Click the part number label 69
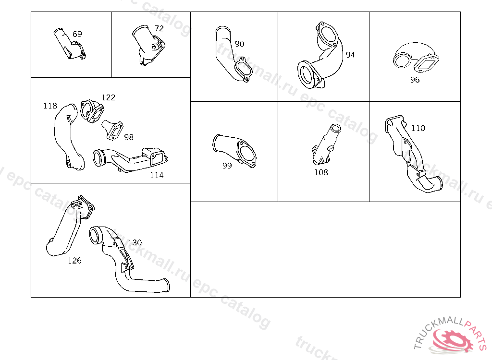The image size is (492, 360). [x=77, y=34]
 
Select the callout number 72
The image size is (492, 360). [x=159, y=28]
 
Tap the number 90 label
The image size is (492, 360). [x=239, y=44]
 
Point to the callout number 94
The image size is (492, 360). [x=350, y=55]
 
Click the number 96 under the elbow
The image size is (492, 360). [x=415, y=80]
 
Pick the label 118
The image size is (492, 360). [x=50, y=106]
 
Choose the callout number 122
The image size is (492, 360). [x=109, y=97]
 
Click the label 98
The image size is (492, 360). [x=129, y=137]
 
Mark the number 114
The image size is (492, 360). [x=157, y=175]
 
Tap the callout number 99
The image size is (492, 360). [x=227, y=166]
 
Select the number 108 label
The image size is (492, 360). [x=321, y=172]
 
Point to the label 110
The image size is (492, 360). [x=418, y=128]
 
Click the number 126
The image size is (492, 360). [x=74, y=261]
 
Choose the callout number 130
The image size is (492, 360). [x=135, y=242]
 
